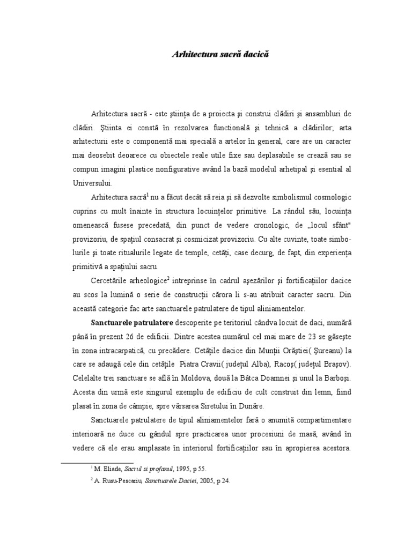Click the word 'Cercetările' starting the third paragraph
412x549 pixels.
(x=111, y=281)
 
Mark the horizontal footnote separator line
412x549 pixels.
(x=97, y=460)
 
